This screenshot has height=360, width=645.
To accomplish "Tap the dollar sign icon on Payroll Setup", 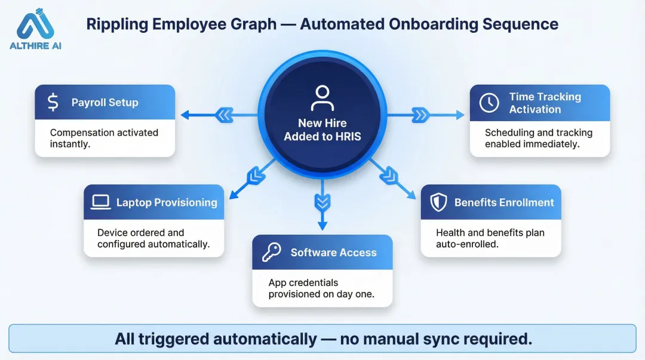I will click(53, 102).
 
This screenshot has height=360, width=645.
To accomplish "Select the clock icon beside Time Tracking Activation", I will click(489, 103).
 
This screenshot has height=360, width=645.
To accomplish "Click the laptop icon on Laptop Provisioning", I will click(101, 202).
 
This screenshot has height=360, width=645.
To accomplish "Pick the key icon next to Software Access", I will click(271, 253).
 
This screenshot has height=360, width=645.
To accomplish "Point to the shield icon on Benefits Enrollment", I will click(439, 202).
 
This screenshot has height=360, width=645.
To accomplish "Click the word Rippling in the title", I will click(115, 24).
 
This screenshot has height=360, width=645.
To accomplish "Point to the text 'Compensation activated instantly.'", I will click(104, 138).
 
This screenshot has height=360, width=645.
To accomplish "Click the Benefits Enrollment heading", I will click(504, 202).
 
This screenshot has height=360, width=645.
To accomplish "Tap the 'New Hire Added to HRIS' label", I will click(322, 130).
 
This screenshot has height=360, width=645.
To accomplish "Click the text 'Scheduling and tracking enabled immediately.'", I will click(538, 138).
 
